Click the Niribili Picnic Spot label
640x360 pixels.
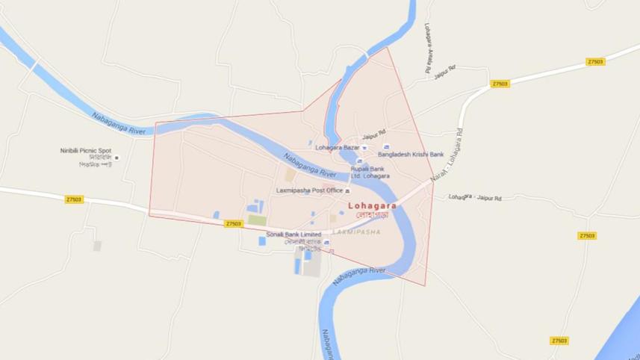(x=85, y=150)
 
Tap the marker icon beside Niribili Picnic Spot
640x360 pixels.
(x=116, y=158)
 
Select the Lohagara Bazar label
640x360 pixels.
(x=338, y=147)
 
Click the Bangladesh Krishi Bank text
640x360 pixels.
(x=410, y=155)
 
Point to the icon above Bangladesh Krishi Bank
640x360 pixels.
(x=386, y=147)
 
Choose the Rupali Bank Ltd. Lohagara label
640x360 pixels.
(x=371, y=173)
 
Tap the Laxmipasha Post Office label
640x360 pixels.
(x=309, y=190)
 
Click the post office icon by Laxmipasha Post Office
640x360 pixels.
(x=347, y=191)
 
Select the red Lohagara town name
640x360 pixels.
(x=372, y=205)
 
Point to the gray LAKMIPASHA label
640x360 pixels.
(x=356, y=232)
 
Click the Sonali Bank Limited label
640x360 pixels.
(x=293, y=235)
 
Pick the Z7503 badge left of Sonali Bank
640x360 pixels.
(x=233, y=223)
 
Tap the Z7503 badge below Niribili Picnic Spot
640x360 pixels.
(x=74, y=199)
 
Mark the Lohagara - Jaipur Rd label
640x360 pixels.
(x=475, y=198)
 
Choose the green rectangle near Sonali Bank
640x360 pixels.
(x=257, y=220)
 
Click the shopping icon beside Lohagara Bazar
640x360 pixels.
(x=364, y=147)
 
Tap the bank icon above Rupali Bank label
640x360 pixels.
(x=359, y=161)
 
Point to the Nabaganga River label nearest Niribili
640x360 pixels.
(x=116, y=123)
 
